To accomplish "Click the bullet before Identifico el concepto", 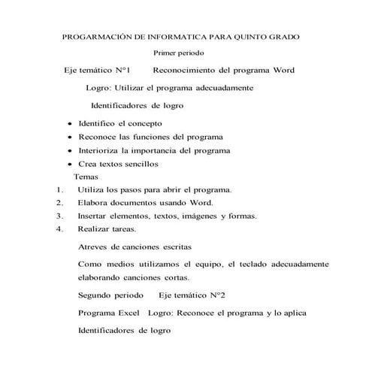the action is click(x=70, y=124).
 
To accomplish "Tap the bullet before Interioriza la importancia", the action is click(x=70, y=150).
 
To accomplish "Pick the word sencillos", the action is click(x=138, y=163).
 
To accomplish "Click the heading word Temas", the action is click(x=86, y=176).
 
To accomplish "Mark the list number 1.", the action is click(x=58, y=189).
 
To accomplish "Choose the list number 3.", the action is click(x=58, y=216).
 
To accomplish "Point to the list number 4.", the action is click(x=58, y=228).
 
